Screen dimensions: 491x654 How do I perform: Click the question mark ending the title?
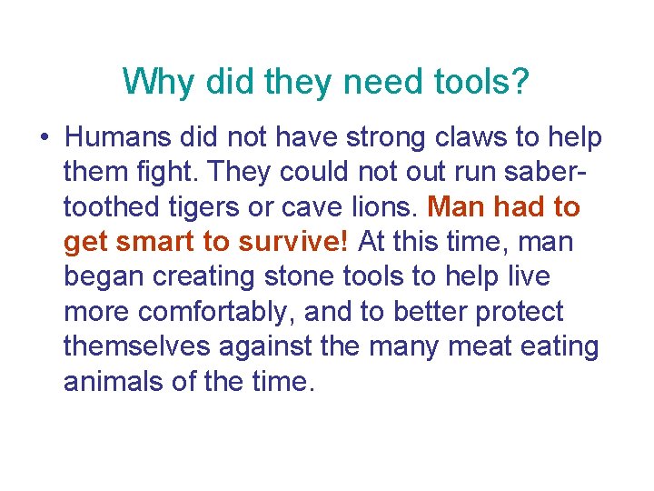(520, 83)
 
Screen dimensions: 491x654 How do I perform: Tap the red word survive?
(298, 243)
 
